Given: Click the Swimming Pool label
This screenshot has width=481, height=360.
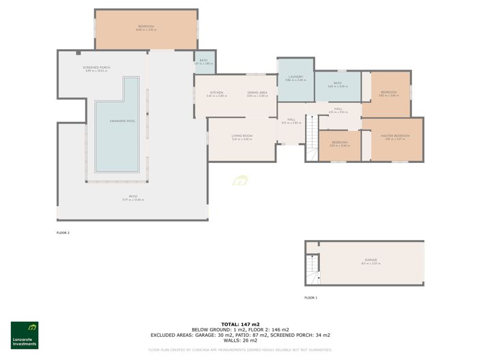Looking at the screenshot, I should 121,121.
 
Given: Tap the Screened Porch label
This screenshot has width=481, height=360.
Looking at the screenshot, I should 97,68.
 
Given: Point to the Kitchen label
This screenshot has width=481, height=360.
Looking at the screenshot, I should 216,93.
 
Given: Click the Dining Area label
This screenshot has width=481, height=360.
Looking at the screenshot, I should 257,93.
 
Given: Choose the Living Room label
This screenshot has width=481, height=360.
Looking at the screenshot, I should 242,136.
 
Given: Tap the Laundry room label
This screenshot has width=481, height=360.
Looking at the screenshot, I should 295,78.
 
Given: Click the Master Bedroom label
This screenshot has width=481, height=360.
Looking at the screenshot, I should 396,136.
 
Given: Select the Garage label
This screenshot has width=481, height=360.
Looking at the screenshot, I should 370,260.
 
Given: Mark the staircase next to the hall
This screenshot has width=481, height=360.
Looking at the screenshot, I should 312,128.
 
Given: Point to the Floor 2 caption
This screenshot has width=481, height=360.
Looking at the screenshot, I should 63,232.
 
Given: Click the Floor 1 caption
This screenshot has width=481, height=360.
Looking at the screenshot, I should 310,298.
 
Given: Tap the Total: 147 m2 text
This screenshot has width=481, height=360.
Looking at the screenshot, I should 239,325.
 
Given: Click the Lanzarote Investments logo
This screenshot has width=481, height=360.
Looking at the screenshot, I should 25,335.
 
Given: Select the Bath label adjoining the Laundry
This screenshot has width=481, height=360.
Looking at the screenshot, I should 338,85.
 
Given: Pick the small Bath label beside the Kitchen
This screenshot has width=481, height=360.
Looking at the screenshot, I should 203,61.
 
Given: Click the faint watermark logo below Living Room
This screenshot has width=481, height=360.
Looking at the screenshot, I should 239,181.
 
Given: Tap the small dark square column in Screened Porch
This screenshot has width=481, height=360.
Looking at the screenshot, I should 78,53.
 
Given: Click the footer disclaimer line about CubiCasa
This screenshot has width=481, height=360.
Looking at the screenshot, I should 239,350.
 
